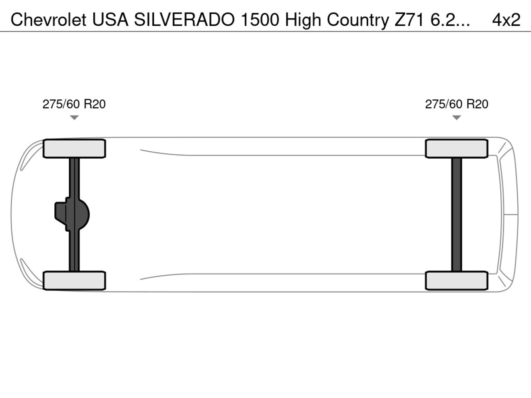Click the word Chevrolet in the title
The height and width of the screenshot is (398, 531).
coord(49,20)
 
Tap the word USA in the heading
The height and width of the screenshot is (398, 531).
coord(110,20)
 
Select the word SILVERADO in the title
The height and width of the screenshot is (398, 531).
coord(184,20)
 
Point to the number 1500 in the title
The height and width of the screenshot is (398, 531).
coord(260,20)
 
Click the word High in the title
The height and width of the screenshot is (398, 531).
coord(303,20)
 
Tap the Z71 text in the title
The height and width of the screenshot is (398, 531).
coord(409,20)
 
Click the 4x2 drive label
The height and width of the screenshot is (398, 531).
coord(507,20)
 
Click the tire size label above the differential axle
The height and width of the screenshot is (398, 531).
coord(74,104)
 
